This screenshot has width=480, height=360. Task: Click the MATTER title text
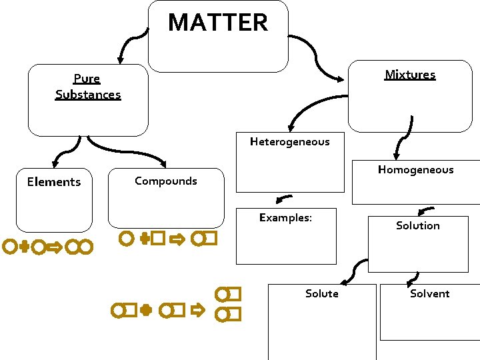(218, 23)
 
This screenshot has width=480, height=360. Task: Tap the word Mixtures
(410, 75)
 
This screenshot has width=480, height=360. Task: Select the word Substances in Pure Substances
(88, 95)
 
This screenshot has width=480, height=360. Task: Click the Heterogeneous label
(289, 141)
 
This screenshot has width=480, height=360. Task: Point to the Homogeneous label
(415, 170)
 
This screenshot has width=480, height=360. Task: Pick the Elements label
(53, 182)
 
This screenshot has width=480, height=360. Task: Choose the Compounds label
(165, 181)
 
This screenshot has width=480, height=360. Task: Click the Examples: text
(285, 217)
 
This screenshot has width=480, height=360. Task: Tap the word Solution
(417, 226)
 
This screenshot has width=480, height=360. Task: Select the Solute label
(321, 294)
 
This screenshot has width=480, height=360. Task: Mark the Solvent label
(429, 294)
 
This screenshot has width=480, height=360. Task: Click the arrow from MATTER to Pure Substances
(129, 47)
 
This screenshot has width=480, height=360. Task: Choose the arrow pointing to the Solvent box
(413, 278)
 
